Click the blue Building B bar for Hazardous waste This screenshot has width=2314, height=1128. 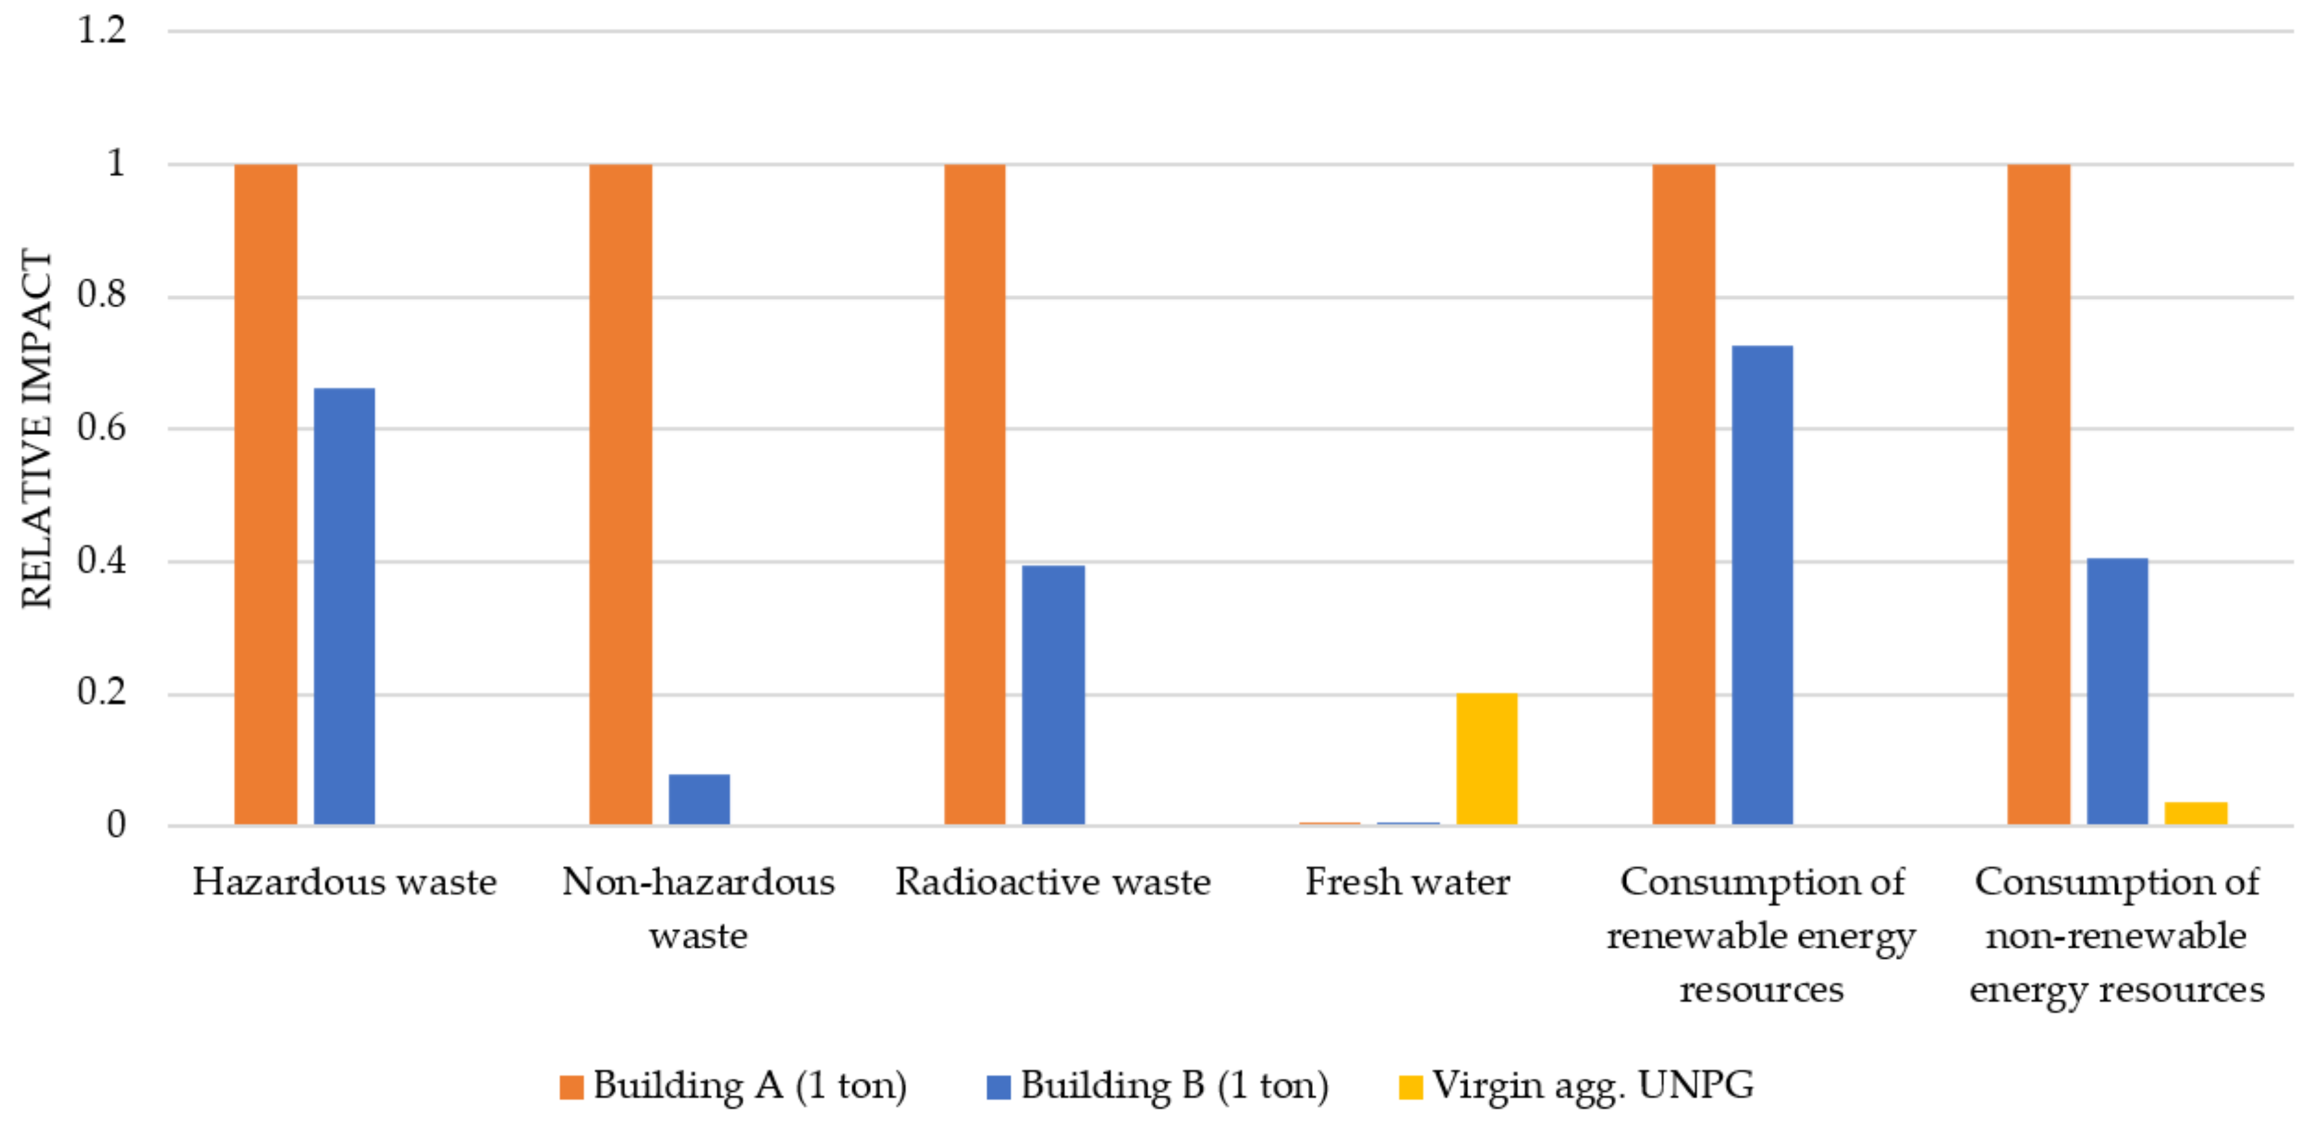tap(344, 606)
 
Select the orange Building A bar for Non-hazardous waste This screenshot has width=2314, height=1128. tap(620, 494)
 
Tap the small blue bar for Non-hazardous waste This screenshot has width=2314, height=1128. tap(699, 798)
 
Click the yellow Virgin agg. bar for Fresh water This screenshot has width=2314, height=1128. tap(1487, 759)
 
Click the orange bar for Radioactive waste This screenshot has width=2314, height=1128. tap(974, 494)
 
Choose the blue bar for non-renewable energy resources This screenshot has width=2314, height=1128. tap(2117, 691)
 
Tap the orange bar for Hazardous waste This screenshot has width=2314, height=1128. tap(266, 494)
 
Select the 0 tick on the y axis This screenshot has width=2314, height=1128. tap(116, 824)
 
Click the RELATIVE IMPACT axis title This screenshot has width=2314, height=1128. tap(37, 429)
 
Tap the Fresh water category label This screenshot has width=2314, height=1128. tap(1407, 882)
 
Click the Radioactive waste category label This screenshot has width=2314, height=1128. tap(1053, 882)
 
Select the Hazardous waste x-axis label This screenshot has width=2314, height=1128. tap(344, 882)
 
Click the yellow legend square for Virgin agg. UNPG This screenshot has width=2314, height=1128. tap(1410, 1087)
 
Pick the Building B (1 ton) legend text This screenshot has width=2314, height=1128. tap(1174, 1086)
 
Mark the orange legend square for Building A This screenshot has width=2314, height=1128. tap(571, 1087)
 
